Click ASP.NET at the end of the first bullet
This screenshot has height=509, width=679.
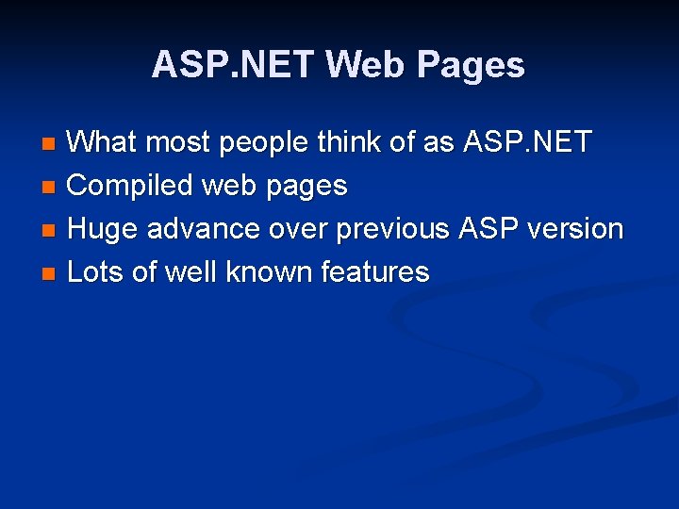(525, 143)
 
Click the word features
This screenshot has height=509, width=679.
(375, 272)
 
